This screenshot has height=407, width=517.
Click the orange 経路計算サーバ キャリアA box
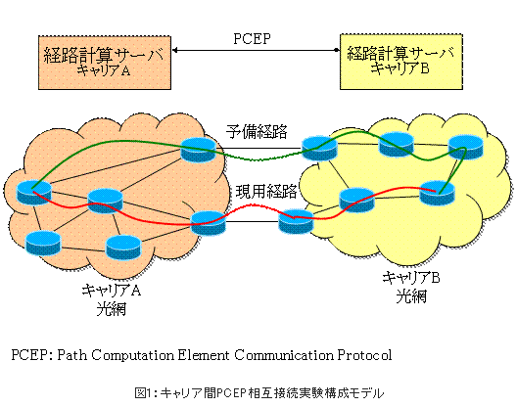105,63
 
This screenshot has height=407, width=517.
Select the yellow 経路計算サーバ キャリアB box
401,62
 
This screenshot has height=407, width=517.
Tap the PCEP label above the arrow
253,39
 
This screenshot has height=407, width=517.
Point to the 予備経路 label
257,131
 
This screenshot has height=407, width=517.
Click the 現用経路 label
266,191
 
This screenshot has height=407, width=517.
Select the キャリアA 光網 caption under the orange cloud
112,299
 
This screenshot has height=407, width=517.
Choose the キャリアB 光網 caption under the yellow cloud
411,287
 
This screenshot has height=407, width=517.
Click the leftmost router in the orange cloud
34,192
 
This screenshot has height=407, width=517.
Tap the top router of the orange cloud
198,150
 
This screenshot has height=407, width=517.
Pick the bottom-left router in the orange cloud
43,244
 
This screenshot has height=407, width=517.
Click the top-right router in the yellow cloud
465,148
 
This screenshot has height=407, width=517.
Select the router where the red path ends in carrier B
437,193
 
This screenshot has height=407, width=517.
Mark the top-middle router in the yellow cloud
396,145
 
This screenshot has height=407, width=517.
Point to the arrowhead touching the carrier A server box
175,50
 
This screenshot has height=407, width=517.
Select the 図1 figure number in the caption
143,393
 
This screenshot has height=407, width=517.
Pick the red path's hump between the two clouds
253,207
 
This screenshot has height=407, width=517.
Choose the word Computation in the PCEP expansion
132,355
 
